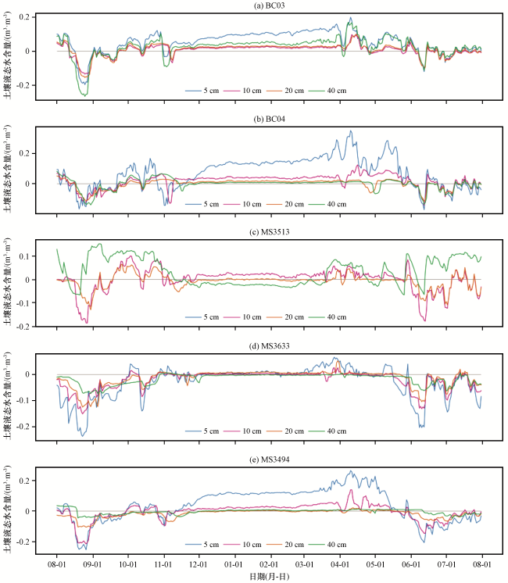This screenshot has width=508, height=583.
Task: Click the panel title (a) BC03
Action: [270, 5]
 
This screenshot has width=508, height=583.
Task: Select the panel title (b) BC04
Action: [270, 120]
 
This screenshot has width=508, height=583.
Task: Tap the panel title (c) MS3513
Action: [270, 232]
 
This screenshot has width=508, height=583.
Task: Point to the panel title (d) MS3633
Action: [270, 346]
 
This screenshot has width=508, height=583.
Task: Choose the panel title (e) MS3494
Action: [270, 460]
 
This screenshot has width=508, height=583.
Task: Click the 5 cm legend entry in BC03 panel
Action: [202, 91]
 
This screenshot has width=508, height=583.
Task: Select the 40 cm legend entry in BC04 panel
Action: [327, 204]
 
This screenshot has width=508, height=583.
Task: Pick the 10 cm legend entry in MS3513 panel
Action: [242, 317]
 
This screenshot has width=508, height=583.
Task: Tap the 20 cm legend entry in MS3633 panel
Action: [285, 431]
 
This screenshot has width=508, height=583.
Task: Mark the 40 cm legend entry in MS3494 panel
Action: [327, 545]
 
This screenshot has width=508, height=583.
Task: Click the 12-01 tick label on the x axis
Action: [199, 565]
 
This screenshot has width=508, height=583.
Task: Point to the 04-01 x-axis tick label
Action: [340, 565]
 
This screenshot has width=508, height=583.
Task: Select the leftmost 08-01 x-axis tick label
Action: [57, 565]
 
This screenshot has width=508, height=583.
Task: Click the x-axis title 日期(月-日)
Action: [270, 577]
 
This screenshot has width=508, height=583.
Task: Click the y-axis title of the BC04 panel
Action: [8, 169]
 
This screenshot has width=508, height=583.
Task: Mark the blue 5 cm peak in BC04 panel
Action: [350, 131]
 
